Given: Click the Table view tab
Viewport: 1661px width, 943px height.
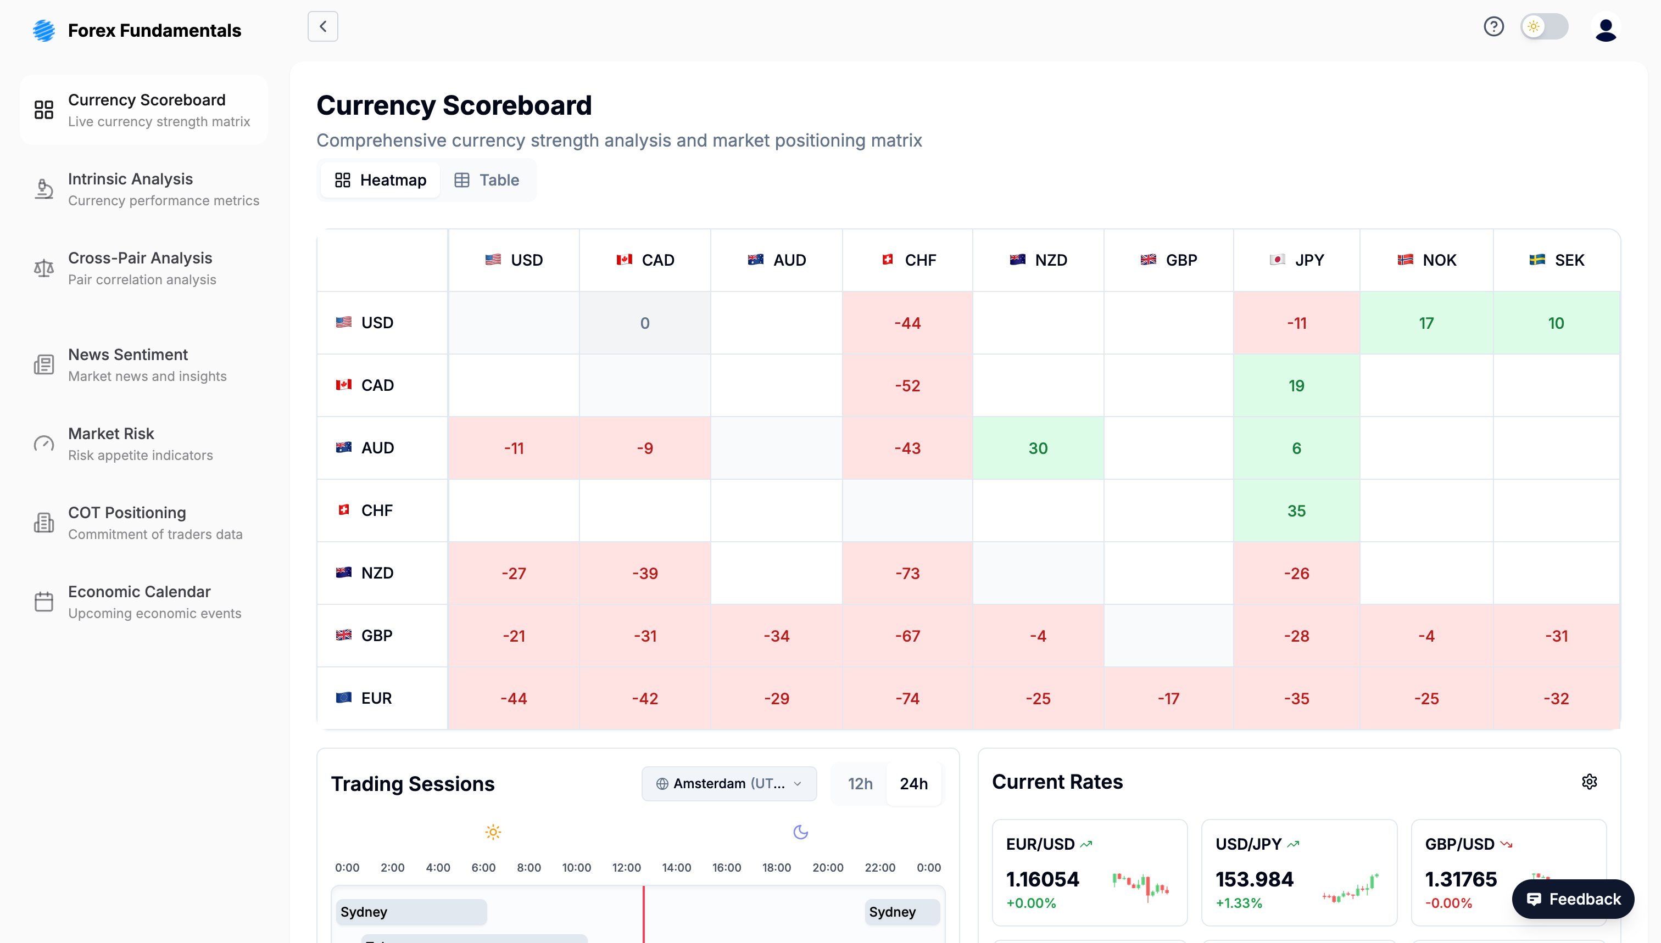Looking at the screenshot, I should click(x=487, y=180).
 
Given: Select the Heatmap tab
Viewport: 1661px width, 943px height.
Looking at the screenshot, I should click(x=381, y=180).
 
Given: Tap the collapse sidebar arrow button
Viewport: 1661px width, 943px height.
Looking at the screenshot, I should click(x=323, y=26).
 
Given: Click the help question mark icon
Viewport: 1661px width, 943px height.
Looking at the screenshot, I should click(x=1493, y=26).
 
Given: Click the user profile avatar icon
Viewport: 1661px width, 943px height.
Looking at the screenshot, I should click(x=1606, y=29).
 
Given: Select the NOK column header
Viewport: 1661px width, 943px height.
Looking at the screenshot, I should click(x=1426, y=260).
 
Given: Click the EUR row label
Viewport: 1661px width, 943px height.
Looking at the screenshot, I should click(x=376, y=698).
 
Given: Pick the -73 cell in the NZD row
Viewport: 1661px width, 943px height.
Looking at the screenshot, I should click(x=907, y=573).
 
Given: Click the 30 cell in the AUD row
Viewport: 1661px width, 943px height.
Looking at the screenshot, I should click(x=1038, y=448).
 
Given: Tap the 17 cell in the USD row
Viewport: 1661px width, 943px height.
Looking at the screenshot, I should click(x=1426, y=323).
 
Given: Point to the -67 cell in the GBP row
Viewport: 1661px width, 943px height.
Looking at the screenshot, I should click(x=907, y=636).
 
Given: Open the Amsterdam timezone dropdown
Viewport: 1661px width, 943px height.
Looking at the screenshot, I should click(x=728, y=784).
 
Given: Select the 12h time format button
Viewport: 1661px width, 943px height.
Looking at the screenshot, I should click(x=860, y=784).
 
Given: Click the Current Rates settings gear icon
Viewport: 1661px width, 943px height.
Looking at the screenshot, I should click(x=1589, y=782).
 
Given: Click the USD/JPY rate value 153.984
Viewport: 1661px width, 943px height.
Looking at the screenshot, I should click(x=1254, y=879).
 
